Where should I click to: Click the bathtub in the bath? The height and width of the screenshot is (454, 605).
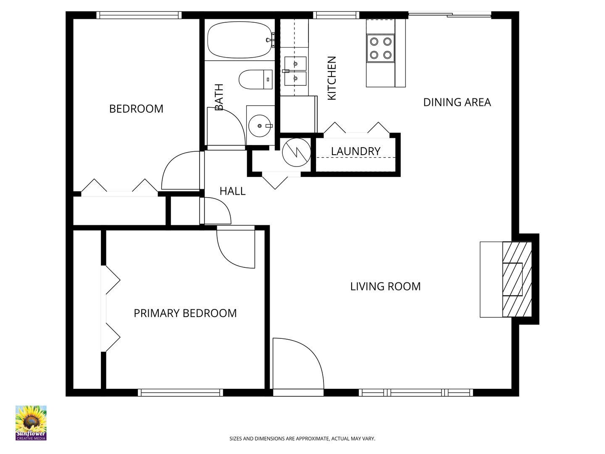(240, 40)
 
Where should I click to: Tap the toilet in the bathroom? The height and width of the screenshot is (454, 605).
(255, 79)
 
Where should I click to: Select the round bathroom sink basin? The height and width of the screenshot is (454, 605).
(260, 126)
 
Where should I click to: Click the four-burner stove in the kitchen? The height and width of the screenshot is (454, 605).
(381, 48)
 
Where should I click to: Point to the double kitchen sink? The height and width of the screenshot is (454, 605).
(295, 71)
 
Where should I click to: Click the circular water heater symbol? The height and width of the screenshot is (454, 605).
(297, 153)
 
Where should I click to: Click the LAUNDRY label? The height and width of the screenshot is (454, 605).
(355, 151)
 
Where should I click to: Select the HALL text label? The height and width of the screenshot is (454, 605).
(232, 191)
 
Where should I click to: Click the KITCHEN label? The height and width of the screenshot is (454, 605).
(331, 78)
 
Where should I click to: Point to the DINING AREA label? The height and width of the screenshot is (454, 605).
(457, 102)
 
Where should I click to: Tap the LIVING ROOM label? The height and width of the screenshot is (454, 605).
(385, 286)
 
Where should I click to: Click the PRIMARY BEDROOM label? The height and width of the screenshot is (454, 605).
(185, 313)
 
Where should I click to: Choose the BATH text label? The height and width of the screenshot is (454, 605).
(219, 97)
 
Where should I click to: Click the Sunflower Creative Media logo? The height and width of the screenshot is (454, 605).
(31, 423)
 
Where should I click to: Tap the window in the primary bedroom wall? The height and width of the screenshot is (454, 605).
(180, 393)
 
